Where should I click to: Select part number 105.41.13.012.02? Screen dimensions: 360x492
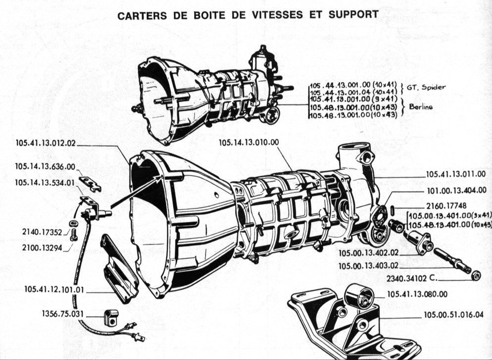pos(45,144)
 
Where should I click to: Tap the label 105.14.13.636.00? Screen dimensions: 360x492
pos(45,167)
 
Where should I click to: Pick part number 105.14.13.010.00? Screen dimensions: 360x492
pos(249,143)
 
